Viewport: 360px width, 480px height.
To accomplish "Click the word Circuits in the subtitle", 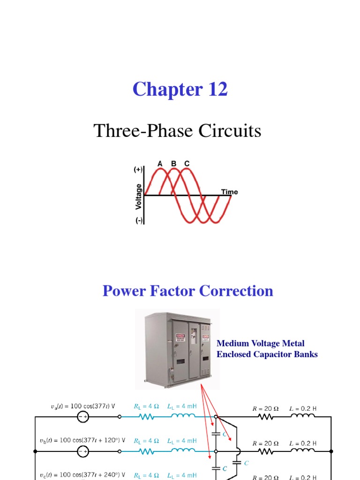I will coord(229,131).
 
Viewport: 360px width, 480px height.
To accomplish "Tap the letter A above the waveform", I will coord(160,164).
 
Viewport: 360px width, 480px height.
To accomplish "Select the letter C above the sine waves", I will coord(187,164).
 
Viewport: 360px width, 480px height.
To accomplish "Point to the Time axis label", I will coord(229,192).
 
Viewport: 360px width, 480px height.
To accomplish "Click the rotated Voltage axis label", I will coord(138,196).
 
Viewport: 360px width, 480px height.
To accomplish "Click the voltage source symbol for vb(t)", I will coord(83,451).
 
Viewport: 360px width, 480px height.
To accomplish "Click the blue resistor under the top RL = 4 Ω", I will coord(146,417).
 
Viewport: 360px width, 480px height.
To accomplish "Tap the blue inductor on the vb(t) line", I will coord(183,451).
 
